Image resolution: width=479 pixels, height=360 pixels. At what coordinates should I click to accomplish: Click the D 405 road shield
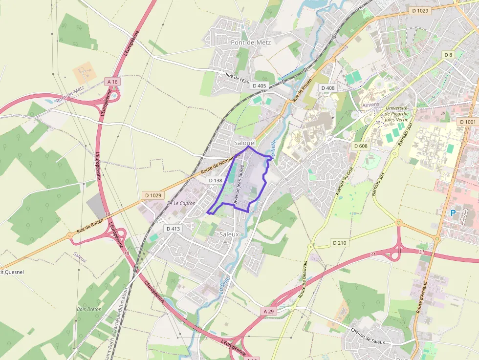pos(260,85)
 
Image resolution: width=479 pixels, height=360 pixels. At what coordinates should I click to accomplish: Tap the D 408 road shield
pos(328,88)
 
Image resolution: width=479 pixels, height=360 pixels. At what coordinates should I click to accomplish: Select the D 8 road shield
pos(448,54)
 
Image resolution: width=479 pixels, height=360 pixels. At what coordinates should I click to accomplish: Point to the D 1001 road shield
pos(468,121)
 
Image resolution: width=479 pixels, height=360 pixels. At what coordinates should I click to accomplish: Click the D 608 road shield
pos(360,146)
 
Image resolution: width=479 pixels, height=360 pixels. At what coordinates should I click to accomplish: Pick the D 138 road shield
pos(216,180)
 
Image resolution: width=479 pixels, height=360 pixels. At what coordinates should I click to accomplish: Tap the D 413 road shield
pos(173,228)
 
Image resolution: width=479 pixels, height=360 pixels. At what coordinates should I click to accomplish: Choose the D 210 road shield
pos(339,242)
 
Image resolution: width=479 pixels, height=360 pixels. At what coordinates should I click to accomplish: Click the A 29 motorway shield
pos(269,311)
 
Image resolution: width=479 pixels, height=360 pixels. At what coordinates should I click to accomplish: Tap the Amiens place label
pos(371,105)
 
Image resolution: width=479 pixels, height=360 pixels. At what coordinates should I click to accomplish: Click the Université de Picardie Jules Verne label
pos(396,114)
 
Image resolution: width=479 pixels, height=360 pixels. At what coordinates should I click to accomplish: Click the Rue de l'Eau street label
pos(238,77)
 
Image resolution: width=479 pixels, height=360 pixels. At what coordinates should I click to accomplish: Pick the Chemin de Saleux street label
pos(368,337)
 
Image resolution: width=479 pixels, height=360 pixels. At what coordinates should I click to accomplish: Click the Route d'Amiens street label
pos(422,297)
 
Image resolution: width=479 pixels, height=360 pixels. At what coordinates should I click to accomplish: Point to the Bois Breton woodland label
pos(89,309)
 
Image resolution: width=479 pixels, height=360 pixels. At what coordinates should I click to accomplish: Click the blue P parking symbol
pos(453,213)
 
